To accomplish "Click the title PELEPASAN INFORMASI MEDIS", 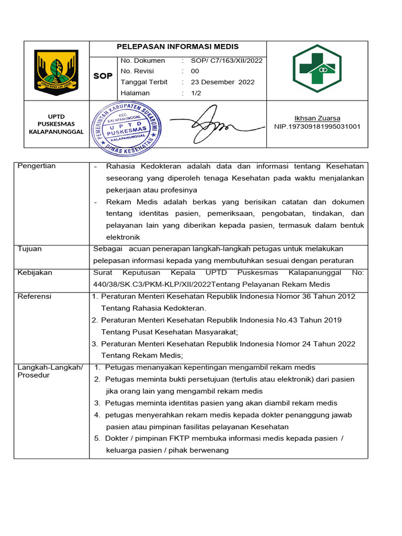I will (177, 47).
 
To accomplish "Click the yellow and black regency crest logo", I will (56, 72).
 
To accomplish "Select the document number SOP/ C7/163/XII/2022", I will (226, 60).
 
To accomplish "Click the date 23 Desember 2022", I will (222, 82).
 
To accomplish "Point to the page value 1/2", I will (196, 93).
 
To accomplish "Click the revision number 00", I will (195, 71).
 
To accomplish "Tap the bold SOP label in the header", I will (103, 76).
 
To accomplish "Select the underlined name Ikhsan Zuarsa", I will (317, 118).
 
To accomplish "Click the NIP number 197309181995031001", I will (317, 127).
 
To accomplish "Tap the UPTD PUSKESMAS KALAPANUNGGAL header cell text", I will (56, 124).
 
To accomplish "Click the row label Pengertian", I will (37, 166).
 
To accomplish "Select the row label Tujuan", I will (30, 249).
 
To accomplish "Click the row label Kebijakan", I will (35, 273).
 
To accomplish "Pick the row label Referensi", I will (35, 296).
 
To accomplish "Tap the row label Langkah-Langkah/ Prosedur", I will (50, 371).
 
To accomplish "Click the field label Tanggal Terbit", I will (144, 82).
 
